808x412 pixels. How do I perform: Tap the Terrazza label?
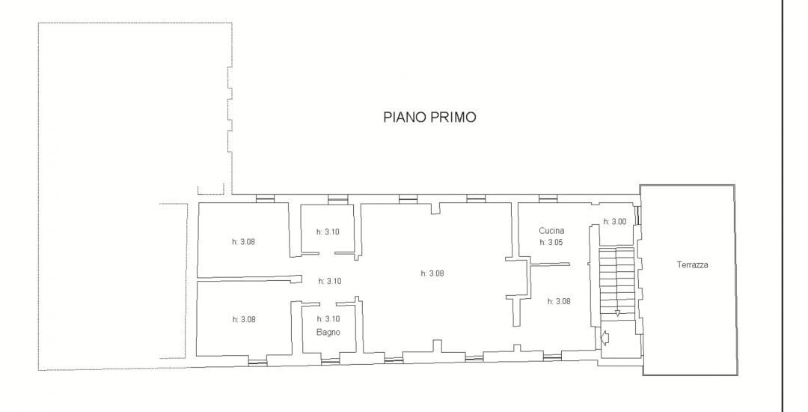coord(692,265)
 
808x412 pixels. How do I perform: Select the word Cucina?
coord(551,231)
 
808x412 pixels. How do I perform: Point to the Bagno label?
coord(328,332)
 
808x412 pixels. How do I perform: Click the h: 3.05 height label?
coord(551,242)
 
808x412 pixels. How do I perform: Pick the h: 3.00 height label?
coord(615,222)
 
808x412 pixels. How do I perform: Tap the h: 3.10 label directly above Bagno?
coord(328,318)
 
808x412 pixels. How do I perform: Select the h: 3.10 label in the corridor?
coord(330,281)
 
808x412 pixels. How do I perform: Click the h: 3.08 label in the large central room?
coord(432,273)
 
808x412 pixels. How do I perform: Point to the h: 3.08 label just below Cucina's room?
coord(559,301)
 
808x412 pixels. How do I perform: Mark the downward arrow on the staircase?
coord(617,312)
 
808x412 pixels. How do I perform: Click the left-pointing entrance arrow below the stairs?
coord(605,337)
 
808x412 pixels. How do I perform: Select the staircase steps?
coord(616,283)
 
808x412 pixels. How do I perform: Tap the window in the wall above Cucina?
coord(548,199)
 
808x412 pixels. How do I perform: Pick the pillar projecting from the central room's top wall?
coord(436,207)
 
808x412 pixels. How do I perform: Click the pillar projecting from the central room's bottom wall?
coord(437,346)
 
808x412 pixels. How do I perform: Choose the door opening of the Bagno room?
coord(328,302)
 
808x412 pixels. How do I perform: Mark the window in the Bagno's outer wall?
coord(330,361)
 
